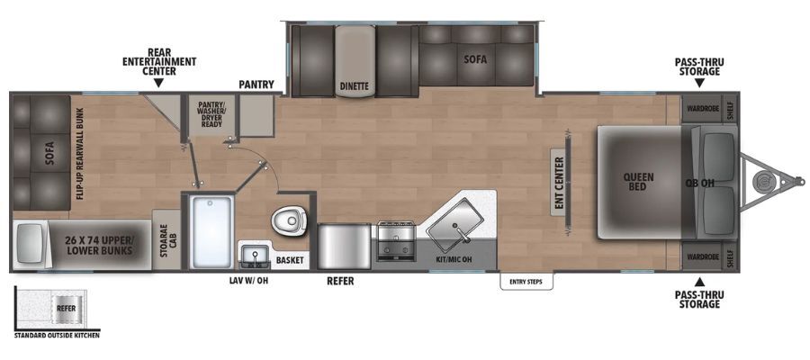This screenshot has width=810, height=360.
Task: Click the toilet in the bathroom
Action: point(288,222)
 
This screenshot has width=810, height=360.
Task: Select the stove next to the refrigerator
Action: point(395,240)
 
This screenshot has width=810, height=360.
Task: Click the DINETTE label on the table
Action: point(354,86)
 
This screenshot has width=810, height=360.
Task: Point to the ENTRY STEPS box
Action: point(526,282)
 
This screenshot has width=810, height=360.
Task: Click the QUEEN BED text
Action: point(638,181)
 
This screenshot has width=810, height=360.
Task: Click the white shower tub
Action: point(211,232)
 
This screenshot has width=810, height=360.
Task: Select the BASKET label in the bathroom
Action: point(290,260)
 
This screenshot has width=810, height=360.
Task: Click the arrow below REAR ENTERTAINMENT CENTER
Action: point(159,83)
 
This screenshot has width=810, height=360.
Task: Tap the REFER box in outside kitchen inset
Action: point(67,309)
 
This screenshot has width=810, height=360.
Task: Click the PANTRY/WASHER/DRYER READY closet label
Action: point(211,114)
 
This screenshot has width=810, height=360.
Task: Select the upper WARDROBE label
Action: point(703,108)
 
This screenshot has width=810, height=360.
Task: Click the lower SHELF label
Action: point(730,256)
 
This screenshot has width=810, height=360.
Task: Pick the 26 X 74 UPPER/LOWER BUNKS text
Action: point(100,246)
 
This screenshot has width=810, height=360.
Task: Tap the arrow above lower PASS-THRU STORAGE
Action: point(699,282)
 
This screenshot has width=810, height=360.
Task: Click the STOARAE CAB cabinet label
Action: point(166,239)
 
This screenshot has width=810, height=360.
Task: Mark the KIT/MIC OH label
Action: point(454,258)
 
